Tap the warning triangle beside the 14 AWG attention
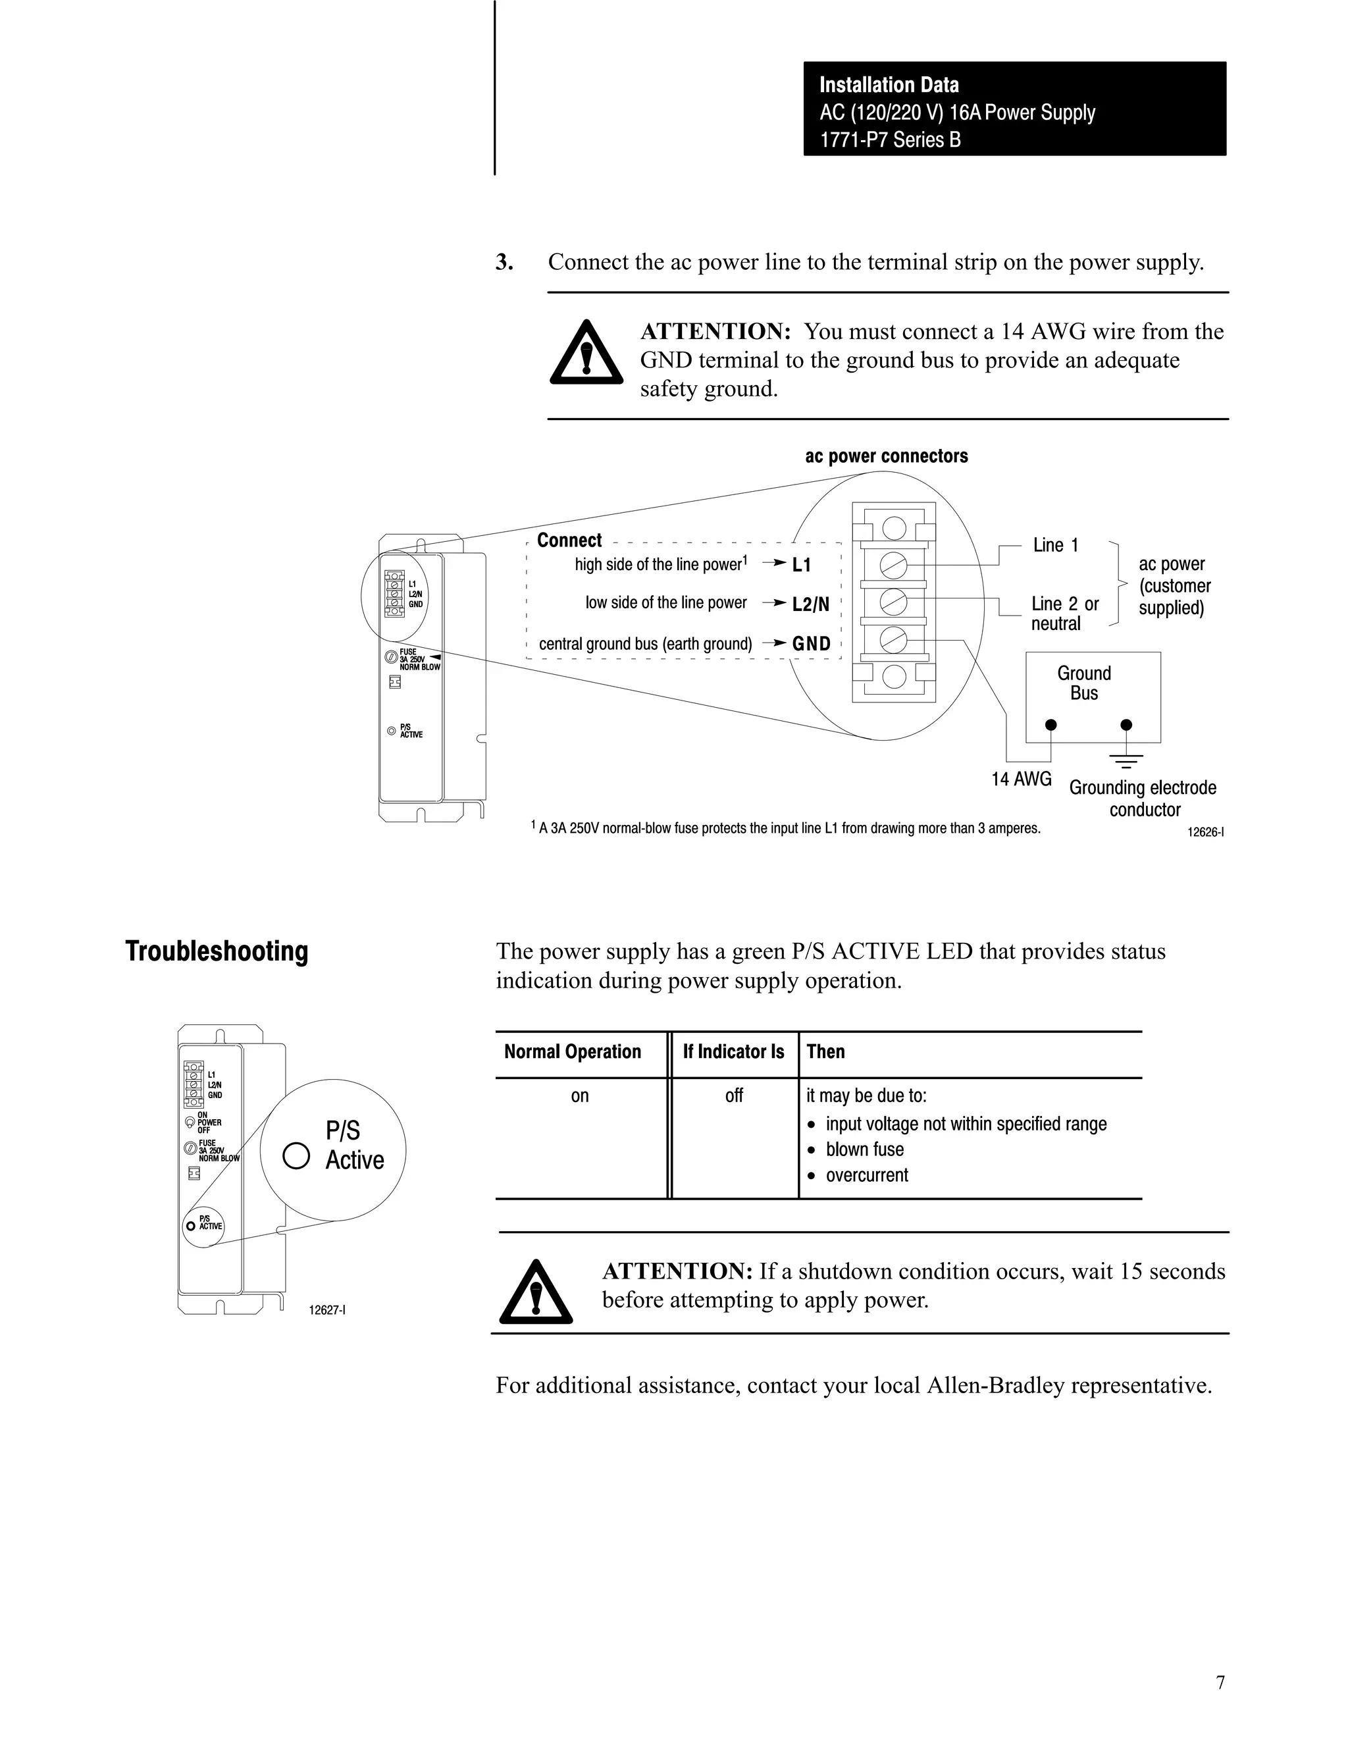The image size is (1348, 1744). coord(586,354)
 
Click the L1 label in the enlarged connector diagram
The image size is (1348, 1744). coord(802,566)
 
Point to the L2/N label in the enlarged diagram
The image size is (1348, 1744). coord(810,604)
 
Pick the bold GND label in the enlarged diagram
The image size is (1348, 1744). coord(812,644)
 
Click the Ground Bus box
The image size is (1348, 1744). coord(1093,697)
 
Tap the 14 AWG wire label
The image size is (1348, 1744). coord(1022,779)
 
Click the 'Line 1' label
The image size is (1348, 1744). coord(1055,545)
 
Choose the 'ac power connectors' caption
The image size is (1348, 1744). coord(887,456)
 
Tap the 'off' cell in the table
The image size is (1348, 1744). coord(734,1096)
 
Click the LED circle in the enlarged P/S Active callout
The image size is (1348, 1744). coord(296,1155)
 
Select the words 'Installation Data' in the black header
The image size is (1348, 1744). coord(889,86)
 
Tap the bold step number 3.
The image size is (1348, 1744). coord(504,263)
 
